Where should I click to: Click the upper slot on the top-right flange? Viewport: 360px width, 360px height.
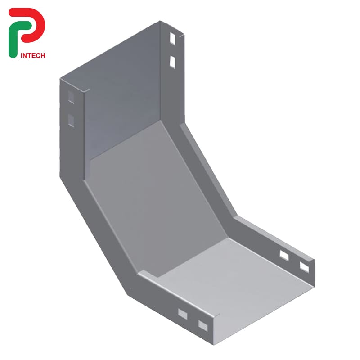173,39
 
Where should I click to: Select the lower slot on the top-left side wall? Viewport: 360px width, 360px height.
71,120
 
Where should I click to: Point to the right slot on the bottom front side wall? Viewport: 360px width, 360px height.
203,324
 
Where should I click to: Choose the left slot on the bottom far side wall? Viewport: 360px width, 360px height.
284,256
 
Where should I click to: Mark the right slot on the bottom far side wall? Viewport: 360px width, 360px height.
304,267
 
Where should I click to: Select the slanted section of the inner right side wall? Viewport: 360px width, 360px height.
207,171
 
